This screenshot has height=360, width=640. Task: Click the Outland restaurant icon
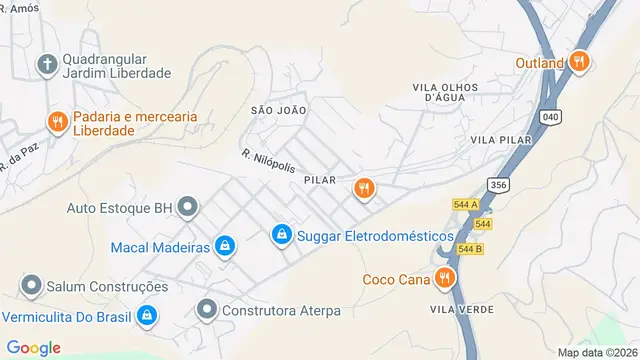(x=579, y=62)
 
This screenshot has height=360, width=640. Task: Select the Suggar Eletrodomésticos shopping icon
(x=282, y=235)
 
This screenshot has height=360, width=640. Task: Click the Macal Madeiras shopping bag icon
(x=226, y=246)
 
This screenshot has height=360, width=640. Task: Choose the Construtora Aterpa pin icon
(x=207, y=309)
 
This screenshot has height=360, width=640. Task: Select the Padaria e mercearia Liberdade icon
(x=57, y=122)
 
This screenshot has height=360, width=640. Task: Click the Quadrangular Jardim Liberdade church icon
(x=46, y=65)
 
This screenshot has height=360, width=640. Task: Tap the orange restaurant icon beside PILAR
(x=363, y=187)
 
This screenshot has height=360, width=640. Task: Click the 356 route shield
(x=497, y=185)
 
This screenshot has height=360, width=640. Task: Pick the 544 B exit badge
(x=470, y=248)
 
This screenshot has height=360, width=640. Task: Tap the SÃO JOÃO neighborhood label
(x=275, y=109)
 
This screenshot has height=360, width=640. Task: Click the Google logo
(x=33, y=347)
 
